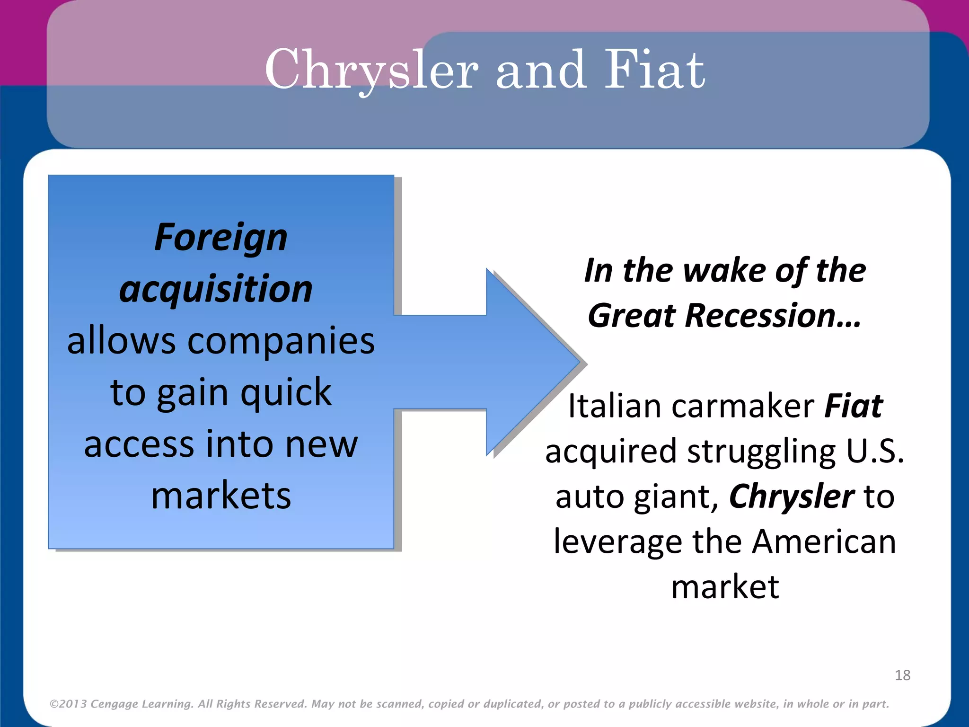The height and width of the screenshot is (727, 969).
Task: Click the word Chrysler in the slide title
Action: click(x=371, y=70)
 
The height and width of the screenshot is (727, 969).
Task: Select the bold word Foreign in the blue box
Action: click(x=221, y=238)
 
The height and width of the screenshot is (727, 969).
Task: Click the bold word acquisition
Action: click(x=216, y=289)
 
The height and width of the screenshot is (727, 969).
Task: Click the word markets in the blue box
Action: click(x=221, y=496)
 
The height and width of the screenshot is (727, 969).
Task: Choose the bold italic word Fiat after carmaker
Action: click(x=853, y=406)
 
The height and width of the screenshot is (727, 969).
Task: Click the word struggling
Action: click(x=761, y=451)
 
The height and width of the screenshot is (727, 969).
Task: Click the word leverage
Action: click(x=617, y=541)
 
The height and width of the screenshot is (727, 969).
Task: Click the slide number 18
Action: click(x=902, y=675)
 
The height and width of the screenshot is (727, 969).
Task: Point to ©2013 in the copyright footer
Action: click(x=68, y=704)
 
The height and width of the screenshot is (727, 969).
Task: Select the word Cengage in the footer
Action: click(x=114, y=704)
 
